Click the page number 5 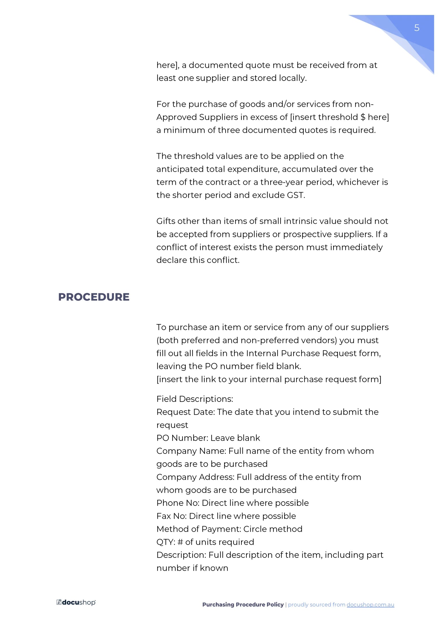click(x=416, y=28)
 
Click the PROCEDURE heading click(x=94, y=297)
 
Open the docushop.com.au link click(x=370, y=604)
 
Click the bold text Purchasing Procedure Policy click(x=243, y=604)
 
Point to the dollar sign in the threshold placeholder click(x=363, y=117)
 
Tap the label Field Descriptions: click(x=195, y=399)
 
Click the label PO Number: click(x=182, y=438)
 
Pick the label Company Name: click(x=191, y=451)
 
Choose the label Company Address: click(x=195, y=477)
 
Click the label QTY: click(x=166, y=542)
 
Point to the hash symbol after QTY click(x=180, y=542)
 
